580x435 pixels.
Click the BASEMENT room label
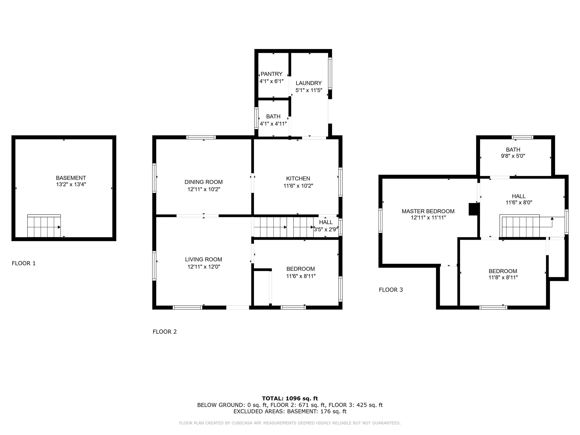71,178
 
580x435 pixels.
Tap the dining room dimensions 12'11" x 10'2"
204,189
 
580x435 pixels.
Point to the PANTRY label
271,74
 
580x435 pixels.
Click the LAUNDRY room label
309,83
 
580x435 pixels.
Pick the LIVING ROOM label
204,259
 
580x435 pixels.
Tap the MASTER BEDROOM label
428,211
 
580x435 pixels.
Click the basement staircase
44,226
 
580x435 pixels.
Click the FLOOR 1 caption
24,263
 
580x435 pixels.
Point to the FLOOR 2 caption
165,332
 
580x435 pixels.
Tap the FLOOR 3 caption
391,290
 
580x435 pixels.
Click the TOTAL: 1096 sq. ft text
290,399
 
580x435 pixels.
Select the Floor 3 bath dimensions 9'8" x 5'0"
513,156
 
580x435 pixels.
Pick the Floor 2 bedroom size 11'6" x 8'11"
301,276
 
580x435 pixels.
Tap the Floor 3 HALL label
519,196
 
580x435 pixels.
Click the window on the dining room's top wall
201,137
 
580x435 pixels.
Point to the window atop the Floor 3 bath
522,137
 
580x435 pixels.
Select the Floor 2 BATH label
273,116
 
